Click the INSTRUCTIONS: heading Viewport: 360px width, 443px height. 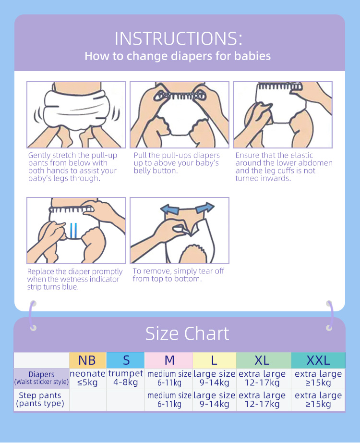point(179,38)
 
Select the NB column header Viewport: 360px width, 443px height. point(87,360)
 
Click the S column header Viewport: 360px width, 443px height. point(126,360)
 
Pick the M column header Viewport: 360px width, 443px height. point(169,360)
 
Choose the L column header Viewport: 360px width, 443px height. point(214,360)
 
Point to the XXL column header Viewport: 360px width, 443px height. point(318,360)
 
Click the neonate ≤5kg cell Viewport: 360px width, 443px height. point(87,378)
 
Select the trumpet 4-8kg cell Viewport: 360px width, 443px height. point(126,378)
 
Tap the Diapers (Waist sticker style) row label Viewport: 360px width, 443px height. point(41,378)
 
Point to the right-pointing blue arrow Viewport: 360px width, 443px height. point(205,208)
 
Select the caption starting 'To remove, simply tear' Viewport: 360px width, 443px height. point(178,275)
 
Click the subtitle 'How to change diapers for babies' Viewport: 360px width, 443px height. point(178,56)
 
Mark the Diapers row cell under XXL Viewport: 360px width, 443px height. point(318,378)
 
